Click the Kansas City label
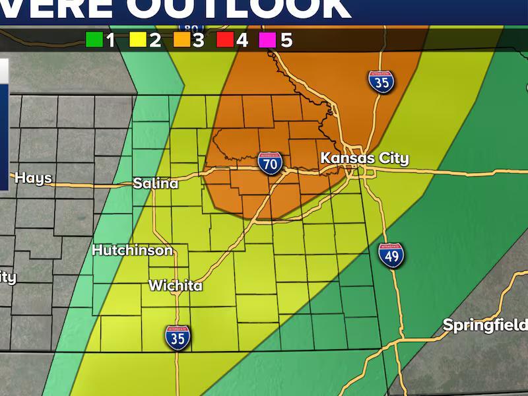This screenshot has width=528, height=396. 364,158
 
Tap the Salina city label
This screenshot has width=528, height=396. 156,183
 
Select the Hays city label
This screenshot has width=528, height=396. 33,178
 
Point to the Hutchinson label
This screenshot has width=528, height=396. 132,250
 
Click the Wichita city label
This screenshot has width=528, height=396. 176,286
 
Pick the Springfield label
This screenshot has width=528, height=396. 484,325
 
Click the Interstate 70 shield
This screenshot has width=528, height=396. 271,162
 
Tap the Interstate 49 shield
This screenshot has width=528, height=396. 392,254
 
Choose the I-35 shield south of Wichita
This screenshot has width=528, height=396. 178,337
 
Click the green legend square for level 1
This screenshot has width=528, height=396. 94,40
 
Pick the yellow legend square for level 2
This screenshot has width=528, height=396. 137,40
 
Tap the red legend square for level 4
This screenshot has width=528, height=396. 225,40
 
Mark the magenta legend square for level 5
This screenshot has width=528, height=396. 269,40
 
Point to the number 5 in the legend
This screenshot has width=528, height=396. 286,40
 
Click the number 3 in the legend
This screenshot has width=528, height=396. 198,40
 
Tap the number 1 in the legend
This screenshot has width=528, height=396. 110,40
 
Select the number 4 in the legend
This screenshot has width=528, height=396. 242,40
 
